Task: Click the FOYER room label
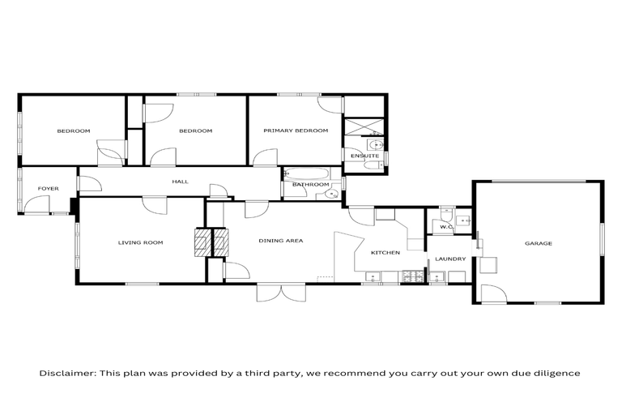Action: click(x=48, y=189)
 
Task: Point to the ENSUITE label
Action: click(x=359, y=156)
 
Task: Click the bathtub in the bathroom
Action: click(x=307, y=173)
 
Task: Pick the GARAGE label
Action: click(x=539, y=243)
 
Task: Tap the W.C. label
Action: click(x=445, y=227)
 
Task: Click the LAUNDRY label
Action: click(x=449, y=259)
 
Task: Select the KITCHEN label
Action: click(x=386, y=253)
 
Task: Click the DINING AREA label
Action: click(x=280, y=241)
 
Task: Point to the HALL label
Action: click(x=180, y=182)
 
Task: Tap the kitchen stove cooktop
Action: click(x=411, y=278)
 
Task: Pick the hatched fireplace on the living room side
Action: click(x=200, y=242)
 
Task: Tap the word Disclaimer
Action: click(x=67, y=374)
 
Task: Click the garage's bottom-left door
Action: click(x=492, y=294)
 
